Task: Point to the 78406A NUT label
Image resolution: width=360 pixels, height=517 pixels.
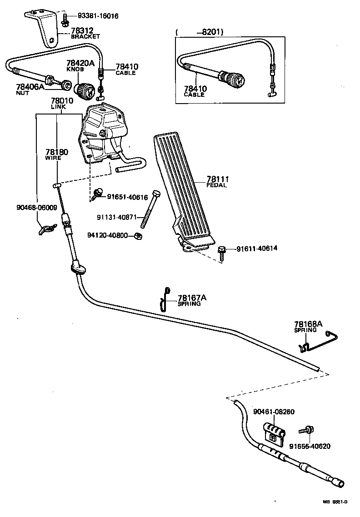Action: pos(30,89)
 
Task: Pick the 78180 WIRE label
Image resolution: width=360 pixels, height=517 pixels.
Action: pos(56,154)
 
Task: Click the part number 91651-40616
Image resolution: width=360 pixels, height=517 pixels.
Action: pos(127,197)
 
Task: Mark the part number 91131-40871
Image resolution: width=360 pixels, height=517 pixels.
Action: pos(116,217)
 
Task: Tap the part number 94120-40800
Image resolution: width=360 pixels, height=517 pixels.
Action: pos(108,235)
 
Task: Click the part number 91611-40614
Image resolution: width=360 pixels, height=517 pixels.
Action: pos(256,249)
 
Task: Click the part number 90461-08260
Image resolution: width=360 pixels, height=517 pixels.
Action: pos(274,412)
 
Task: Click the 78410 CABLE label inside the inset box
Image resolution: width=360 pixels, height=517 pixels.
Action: pos(195,91)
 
